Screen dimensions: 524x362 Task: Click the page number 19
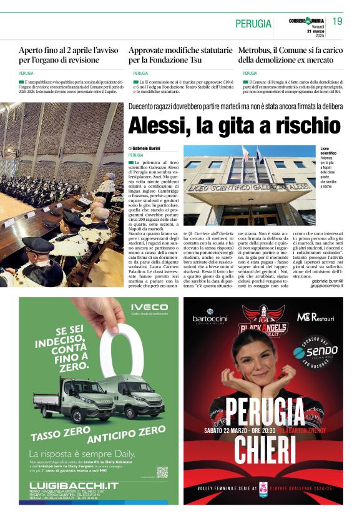[337, 21]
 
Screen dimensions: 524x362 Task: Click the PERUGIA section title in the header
[253, 24]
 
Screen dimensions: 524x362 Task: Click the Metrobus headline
[290, 55]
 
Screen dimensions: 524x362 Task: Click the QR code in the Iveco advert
[162, 472]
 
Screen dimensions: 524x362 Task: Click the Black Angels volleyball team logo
[263, 318]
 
